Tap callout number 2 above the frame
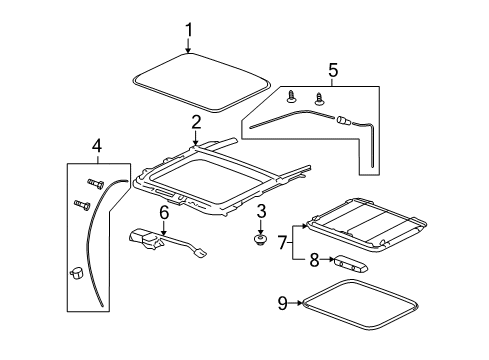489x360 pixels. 197,122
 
